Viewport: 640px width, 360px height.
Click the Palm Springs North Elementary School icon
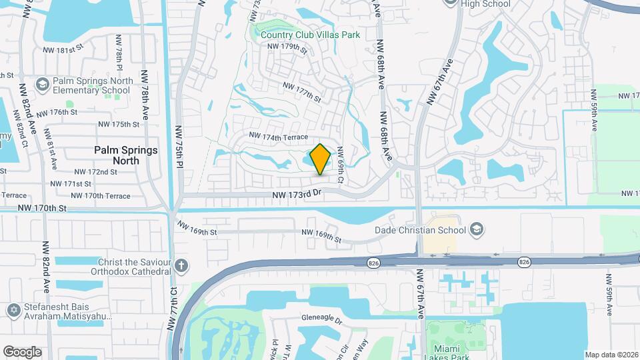tap(43, 85)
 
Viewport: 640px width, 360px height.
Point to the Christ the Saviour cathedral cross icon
tap(181, 267)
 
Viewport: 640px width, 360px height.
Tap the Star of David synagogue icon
tap(13, 312)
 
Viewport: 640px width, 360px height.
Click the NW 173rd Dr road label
tap(297, 195)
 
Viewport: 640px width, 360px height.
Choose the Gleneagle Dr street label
tap(321, 319)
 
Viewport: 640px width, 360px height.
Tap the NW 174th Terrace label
tap(279, 137)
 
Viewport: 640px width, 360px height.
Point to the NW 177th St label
tap(301, 91)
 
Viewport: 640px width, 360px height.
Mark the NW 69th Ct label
tap(341, 165)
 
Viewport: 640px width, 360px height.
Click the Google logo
tap(22, 352)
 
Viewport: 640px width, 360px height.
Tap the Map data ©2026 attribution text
tap(610, 355)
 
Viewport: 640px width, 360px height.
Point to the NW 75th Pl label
tap(179, 142)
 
